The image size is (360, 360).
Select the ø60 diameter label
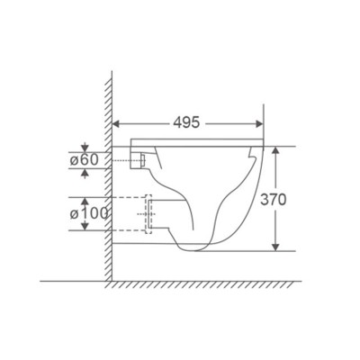[84, 160]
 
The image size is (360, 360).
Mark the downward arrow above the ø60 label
[85, 147]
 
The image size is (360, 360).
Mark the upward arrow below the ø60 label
[85, 175]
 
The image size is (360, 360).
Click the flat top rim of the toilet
[198, 144]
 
